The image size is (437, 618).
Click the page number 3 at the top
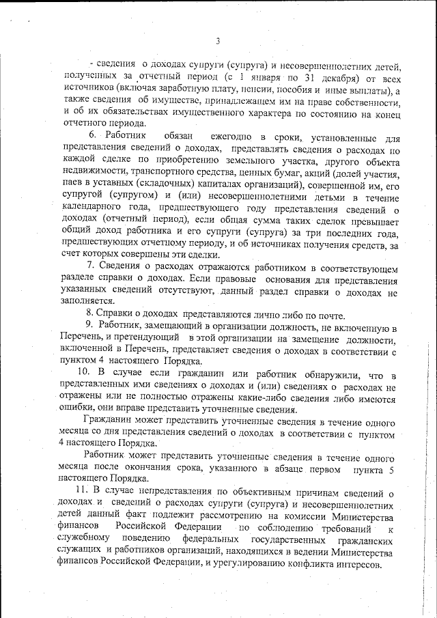(x=217, y=42)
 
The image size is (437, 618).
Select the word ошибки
(x=76, y=410)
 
